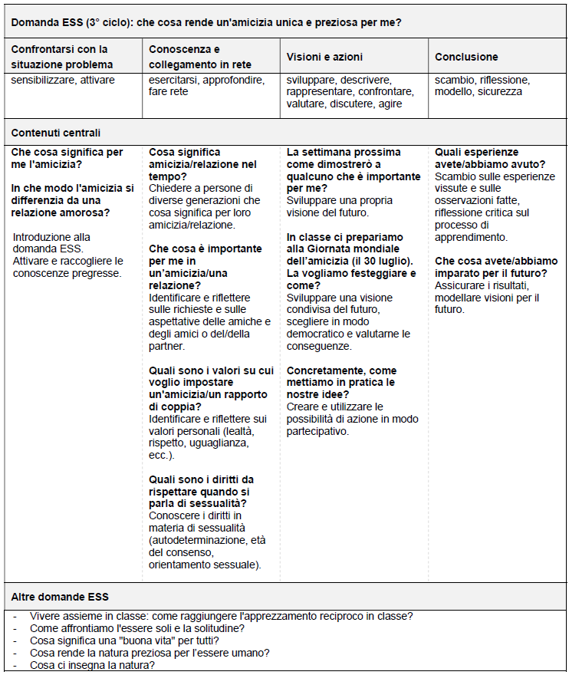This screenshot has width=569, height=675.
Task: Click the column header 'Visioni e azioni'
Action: click(324, 57)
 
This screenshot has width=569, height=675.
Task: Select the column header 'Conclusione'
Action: click(466, 57)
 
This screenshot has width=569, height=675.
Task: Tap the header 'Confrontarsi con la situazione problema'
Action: click(62, 57)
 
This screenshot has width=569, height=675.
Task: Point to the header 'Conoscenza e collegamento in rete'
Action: click(199, 57)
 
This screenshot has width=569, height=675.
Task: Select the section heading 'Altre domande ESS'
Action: click(60, 596)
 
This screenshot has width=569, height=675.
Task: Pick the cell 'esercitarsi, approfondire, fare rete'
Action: click(206, 86)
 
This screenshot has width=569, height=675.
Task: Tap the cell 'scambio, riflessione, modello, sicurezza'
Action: click(482, 86)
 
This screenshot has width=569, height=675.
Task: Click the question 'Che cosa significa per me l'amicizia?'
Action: click(67, 158)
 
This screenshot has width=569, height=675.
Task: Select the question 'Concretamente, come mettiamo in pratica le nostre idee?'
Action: click(341, 382)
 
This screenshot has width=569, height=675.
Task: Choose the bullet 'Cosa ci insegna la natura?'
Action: click(92, 665)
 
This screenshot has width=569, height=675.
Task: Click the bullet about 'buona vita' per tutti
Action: click(124, 640)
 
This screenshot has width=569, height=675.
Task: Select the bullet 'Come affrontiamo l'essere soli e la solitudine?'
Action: click(137, 628)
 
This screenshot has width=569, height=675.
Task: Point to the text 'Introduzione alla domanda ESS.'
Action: click(51, 242)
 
